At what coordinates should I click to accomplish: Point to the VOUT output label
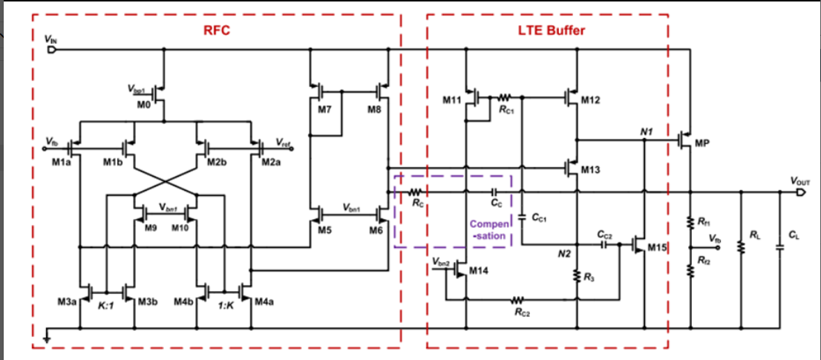(799, 180)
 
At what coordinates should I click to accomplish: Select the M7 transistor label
(324, 109)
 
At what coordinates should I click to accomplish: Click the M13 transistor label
(590, 170)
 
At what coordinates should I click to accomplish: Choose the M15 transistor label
(657, 247)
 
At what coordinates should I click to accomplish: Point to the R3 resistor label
(589, 277)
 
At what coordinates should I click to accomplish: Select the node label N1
(645, 131)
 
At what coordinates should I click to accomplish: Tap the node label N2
(564, 254)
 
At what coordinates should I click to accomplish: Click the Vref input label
(283, 141)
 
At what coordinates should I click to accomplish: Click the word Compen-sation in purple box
(488, 229)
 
